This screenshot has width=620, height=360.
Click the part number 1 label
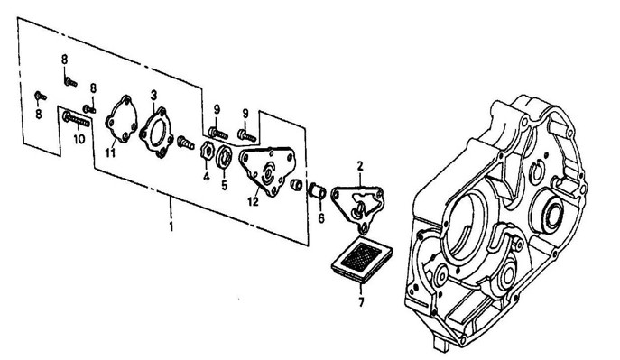tap(171, 227)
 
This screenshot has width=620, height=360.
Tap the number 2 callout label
tap(360, 166)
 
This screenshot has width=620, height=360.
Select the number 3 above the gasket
tap(153, 96)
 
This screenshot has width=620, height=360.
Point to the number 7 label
tap(361, 302)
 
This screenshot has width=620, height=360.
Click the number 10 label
tap(79, 139)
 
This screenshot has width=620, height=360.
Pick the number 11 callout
tap(110, 152)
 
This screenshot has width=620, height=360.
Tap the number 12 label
tap(253, 201)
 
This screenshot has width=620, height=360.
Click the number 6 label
tap(321, 217)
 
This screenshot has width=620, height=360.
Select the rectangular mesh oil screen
tap(362, 262)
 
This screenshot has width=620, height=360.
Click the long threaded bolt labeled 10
tap(76, 119)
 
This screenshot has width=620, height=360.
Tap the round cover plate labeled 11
tap(122, 118)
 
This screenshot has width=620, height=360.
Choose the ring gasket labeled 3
tap(157, 132)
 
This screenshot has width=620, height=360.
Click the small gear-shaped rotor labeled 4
tap(206, 152)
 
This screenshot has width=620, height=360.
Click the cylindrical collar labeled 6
tap(317, 191)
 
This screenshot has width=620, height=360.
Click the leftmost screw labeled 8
tap(41, 96)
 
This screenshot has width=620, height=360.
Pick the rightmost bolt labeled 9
tap(247, 135)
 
